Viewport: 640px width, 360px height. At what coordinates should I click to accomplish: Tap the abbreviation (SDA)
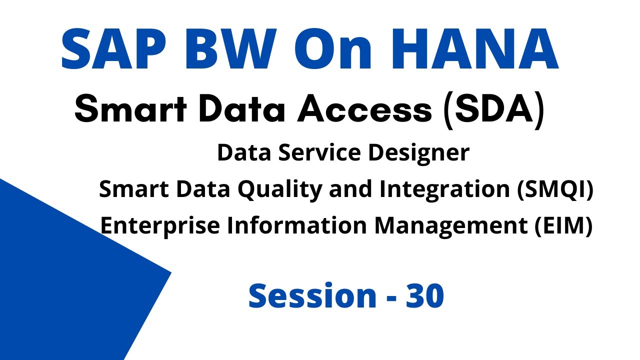coord(493,111)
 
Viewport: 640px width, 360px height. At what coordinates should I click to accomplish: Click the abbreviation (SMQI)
coord(555,190)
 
